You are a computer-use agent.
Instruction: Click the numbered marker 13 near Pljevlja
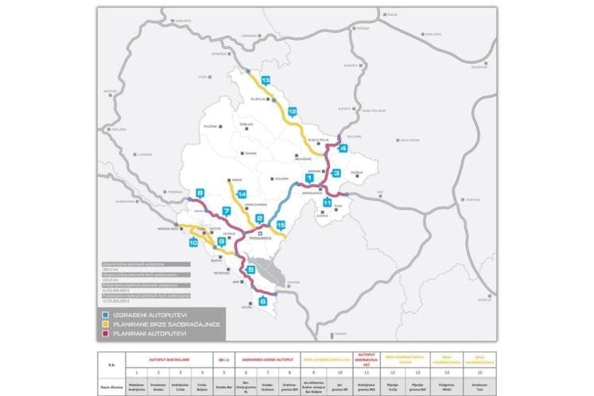265,81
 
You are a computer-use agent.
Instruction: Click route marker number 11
327,203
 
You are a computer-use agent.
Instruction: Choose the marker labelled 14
242,195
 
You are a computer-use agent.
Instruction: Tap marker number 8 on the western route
200,192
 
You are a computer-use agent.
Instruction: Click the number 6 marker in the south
262,301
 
